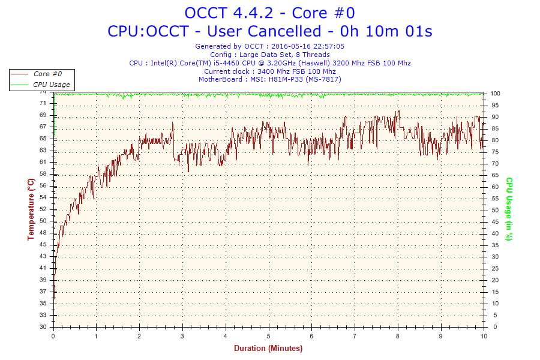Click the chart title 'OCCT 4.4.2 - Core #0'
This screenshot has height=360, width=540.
pos(269,13)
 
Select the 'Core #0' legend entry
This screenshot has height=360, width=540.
pos(47,74)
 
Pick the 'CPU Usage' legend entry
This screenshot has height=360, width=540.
pos(50,85)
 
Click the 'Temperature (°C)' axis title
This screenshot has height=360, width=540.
pos(31,209)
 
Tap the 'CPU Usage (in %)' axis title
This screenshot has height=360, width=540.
pos(509,209)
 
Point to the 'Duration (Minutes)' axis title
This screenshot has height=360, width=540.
pos(268,348)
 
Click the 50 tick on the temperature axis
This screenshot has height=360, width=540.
pos(43,221)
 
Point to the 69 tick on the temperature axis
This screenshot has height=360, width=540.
pos(43,115)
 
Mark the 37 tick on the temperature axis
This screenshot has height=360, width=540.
pos(43,292)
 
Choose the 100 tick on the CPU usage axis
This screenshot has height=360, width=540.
pos(496,94)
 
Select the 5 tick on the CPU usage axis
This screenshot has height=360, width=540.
pos(493,316)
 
